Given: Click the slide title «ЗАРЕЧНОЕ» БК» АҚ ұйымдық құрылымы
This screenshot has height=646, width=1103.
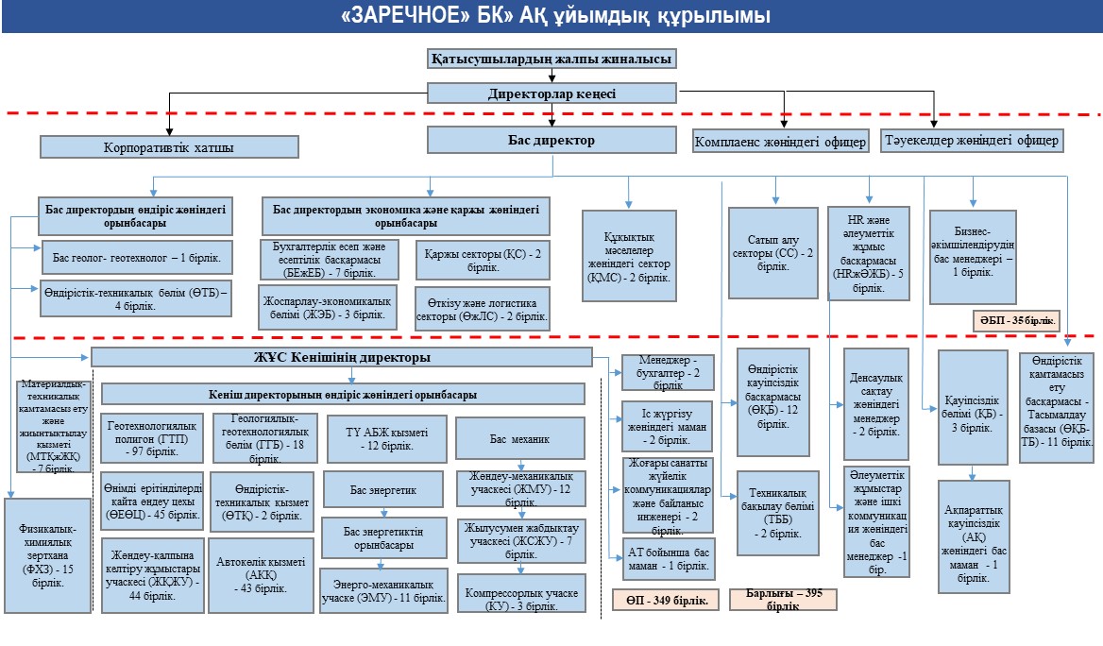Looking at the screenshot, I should [551, 16].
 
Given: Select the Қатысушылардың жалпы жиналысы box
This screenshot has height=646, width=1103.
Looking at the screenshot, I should [551, 59].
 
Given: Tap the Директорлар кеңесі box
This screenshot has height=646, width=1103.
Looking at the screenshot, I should [551, 93].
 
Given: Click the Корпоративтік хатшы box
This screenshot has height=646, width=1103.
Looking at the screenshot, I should [169, 147].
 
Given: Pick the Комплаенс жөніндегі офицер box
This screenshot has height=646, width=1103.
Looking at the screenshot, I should [780, 142].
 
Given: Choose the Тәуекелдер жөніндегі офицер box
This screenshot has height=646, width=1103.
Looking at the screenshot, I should [972, 140].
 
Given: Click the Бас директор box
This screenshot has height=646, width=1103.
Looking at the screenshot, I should [551, 140].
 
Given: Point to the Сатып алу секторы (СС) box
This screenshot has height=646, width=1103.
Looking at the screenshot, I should [773, 253].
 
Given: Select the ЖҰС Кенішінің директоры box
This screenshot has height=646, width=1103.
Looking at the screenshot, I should [341, 358].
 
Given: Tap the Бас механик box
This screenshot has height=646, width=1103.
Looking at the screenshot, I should [518, 439].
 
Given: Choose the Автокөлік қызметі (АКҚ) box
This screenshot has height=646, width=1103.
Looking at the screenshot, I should [261, 574].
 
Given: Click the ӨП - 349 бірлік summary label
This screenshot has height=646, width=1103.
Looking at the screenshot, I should [666, 599].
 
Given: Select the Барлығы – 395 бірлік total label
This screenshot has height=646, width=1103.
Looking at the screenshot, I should [783, 599].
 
